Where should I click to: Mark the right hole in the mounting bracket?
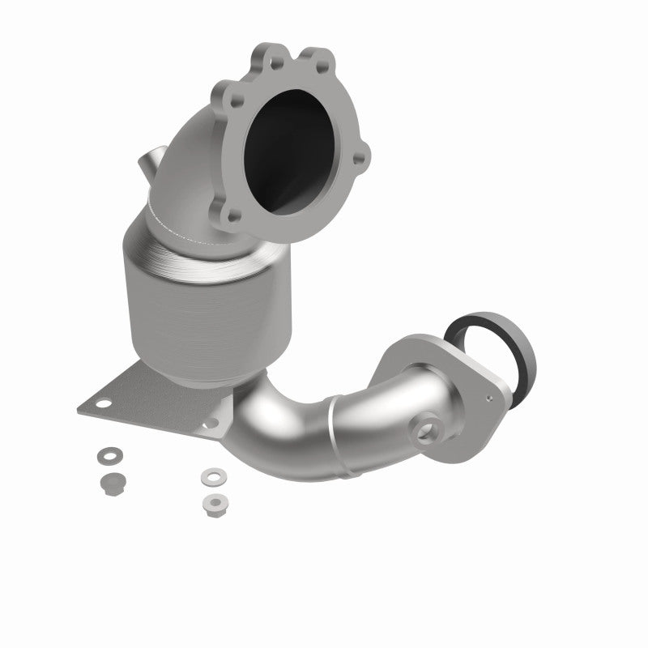[214, 422]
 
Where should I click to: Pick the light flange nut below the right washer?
[213, 500]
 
